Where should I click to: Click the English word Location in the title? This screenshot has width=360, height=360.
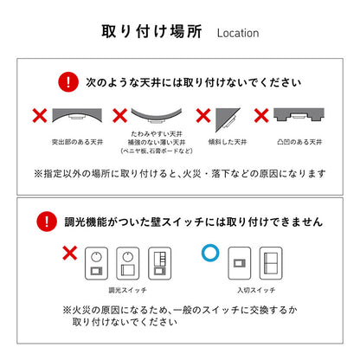[x=238, y=33]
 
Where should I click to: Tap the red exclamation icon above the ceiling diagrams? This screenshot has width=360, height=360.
[x=68, y=82]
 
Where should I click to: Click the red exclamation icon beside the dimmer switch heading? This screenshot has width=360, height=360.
[x=47, y=222]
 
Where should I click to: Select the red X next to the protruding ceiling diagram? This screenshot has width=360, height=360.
[x=40, y=115]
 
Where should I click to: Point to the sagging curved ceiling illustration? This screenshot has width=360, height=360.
[x=157, y=115]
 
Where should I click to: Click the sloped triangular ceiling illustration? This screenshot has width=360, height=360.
[x=226, y=118]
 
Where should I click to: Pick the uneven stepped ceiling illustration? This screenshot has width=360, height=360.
[x=299, y=114]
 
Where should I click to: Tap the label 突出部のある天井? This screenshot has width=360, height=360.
[x=77, y=142]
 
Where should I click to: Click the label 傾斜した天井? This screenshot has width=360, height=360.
[x=228, y=142]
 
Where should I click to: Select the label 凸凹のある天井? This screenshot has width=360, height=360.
[x=299, y=142]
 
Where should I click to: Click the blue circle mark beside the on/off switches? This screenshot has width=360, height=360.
[x=210, y=253]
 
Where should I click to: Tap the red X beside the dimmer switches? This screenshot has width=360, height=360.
[x=70, y=253]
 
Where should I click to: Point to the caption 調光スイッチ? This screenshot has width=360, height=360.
[x=128, y=290]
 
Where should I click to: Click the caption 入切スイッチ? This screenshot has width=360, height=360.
[x=256, y=290]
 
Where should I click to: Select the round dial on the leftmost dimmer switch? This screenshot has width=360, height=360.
[x=96, y=256]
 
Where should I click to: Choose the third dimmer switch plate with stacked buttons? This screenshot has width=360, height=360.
[x=160, y=263]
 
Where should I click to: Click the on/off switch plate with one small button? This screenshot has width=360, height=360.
[x=240, y=263]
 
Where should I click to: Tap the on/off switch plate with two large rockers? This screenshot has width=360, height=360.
[x=271, y=263]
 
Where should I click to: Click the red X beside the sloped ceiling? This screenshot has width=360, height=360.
[x=203, y=115]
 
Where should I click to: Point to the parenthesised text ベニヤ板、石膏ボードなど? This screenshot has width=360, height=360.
[x=157, y=151]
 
